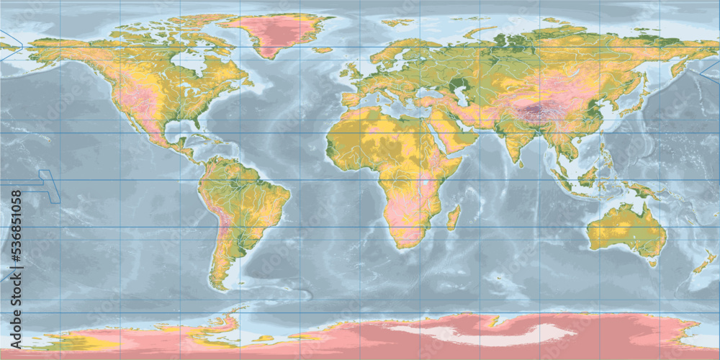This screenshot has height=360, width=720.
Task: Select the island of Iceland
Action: [x=323, y=50]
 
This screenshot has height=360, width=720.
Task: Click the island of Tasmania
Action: [x=652, y=263]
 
